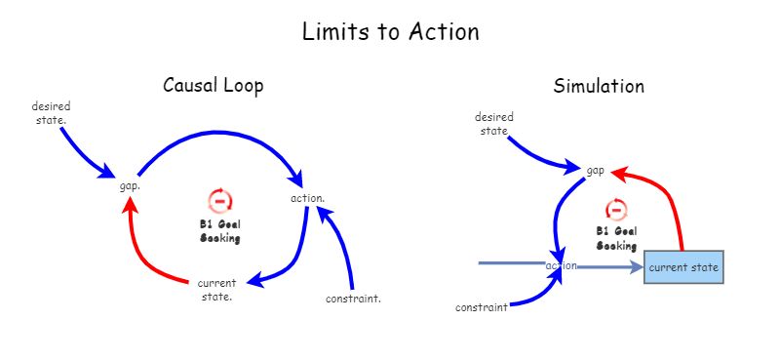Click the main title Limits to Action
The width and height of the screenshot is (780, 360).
coord(390,31)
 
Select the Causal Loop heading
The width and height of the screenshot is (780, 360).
coord(213,86)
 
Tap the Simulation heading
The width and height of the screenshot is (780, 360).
coord(599,86)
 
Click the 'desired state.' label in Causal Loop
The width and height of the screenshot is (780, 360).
coord(50,112)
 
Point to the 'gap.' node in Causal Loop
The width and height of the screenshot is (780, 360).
coord(130,185)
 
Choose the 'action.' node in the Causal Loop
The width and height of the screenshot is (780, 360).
coord(307,198)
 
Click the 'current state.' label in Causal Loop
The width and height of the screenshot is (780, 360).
coord(216,290)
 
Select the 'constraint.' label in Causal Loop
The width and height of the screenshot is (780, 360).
coord(352,299)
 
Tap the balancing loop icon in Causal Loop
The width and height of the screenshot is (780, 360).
coord(220,201)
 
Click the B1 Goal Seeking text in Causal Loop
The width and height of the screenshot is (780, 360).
coord(220,230)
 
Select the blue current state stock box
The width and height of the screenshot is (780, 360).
coord(683,266)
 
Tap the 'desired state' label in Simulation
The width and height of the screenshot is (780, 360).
coord(495,123)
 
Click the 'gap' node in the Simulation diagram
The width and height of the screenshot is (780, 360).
coord(595,170)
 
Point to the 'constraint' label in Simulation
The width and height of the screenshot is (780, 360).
coord(482,308)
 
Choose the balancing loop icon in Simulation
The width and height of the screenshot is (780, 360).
coord(616,210)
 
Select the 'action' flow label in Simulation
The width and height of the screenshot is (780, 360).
coord(562,265)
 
